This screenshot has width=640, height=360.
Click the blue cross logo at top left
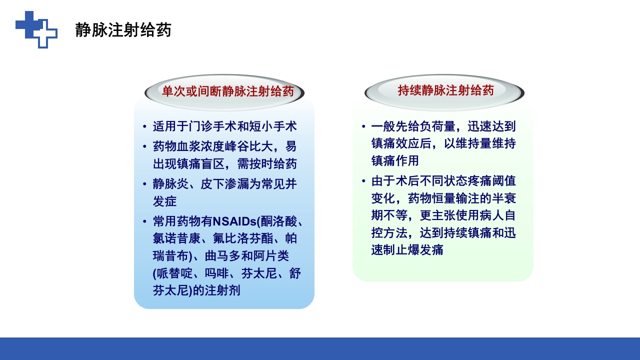tap(36, 29)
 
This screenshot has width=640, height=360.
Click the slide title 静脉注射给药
tap(123, 30)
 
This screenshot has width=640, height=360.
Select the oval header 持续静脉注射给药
tap(445, 90)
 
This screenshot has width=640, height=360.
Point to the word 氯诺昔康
tap(176, 238)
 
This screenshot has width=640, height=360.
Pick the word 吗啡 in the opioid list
tap(216, 273)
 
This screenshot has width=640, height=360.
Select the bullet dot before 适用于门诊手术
tap(144, 126)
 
